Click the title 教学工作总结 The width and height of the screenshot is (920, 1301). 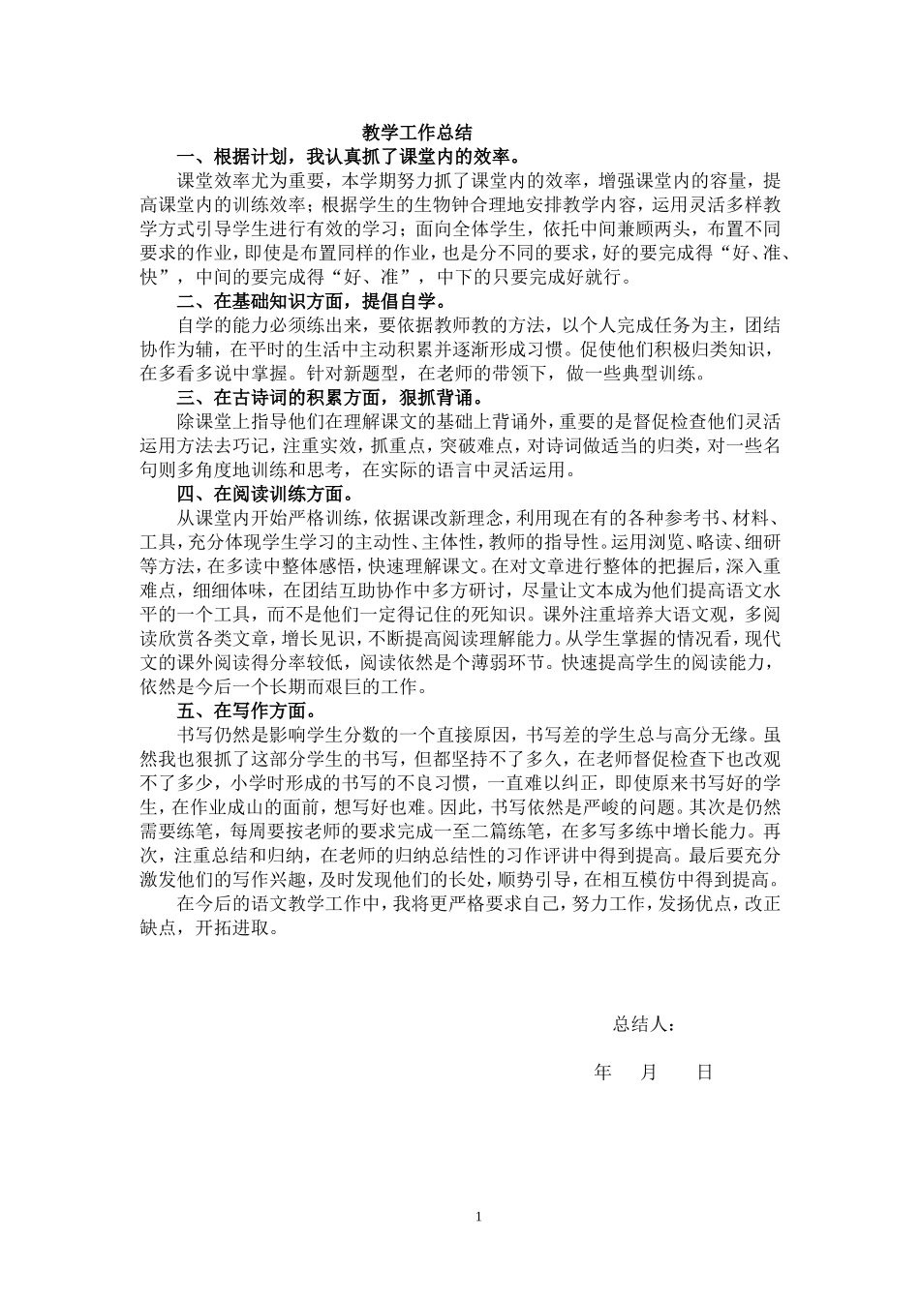coord(417,133)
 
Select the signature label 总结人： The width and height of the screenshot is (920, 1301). coord(644,1025)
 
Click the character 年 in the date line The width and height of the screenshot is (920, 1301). coord(602,1073)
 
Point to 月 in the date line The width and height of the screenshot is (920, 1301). coord(649,1073)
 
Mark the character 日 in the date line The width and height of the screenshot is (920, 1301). coord(704,1073)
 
